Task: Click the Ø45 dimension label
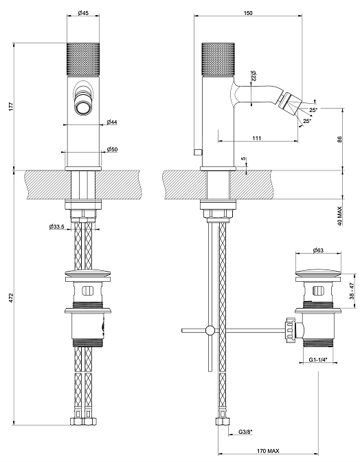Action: point(83,12)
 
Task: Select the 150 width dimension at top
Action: point(248,12)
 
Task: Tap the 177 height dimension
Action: point(11,107)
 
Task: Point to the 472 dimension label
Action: point(11,297)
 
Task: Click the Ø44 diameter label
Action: point(112,122)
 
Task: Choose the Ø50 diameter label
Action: point(112,149)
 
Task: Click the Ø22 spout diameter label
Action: point(254,76)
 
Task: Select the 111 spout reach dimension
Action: point(257,138)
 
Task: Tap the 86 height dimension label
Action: point(339,139)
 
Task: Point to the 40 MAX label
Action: point(339,216)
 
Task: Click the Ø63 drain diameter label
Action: point(318,250)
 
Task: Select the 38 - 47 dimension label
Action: point(352,291)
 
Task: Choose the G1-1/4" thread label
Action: point(318,360)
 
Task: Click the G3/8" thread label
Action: point(245,432)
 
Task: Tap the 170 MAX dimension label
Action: point(268,451)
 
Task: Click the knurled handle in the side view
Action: point(218,58)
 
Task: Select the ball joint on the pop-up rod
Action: point(210,330)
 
